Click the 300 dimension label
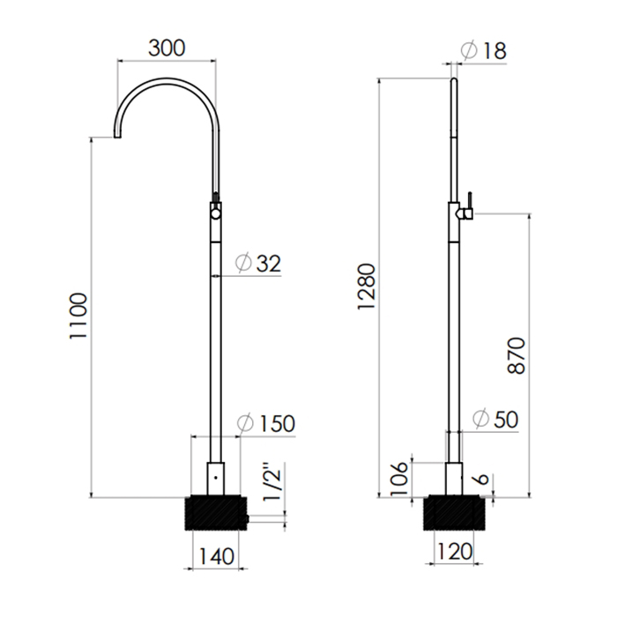tap(167, 48)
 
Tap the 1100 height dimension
tap(78, 316)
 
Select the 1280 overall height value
tap(367, 286)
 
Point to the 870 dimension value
tap(517, 356)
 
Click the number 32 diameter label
tap(269, 264)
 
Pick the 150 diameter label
tap(277, 424)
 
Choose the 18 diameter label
tap(494, 51)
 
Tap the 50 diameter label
tap(506, 419)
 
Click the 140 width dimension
tap(217, 556)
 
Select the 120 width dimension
tap(455, 552)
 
